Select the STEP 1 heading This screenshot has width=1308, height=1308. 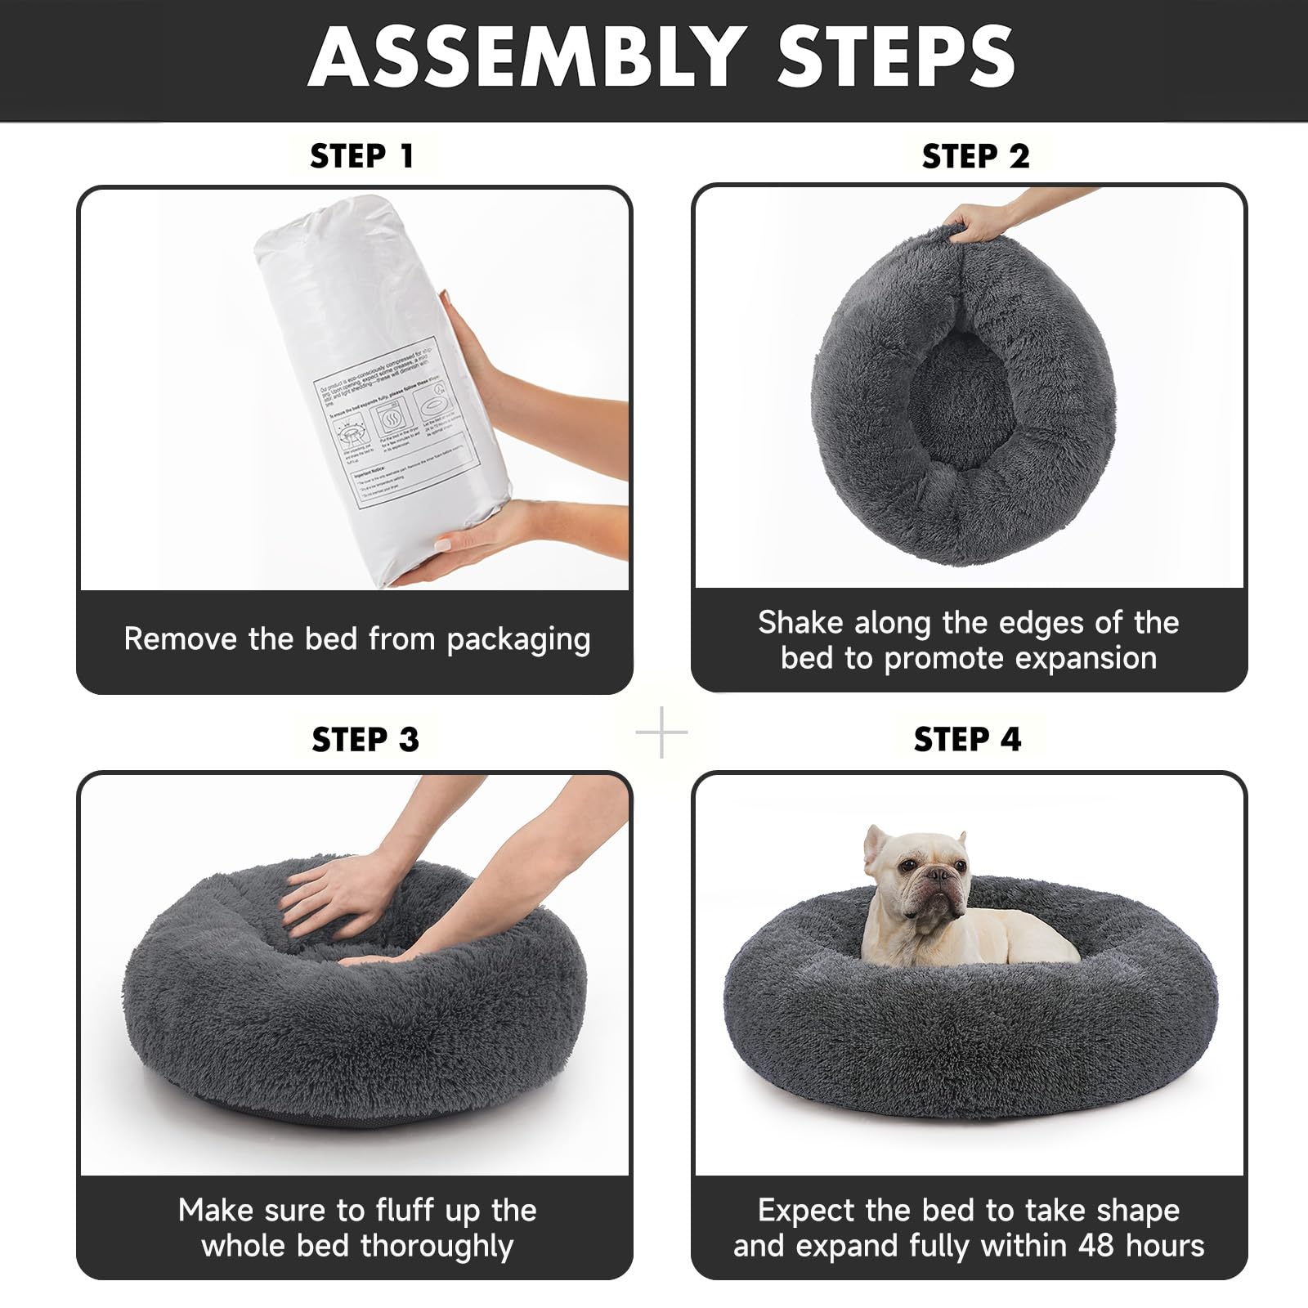pyautogui.click(x=362, y=156)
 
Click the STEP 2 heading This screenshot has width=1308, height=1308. pyautogui.click(x=975, y=156)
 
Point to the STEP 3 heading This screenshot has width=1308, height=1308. pyautogui.click(x=365, y=739)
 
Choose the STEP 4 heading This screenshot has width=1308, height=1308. pyautogui.click(x=968, y=739)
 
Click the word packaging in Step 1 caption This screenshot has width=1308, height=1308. pyautogui.click(x=518, y=639)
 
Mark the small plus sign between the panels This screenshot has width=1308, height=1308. pyautogui.click(x=661, y=732)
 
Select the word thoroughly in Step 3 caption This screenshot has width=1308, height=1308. pyautogui.click(x=438, y=1247)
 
